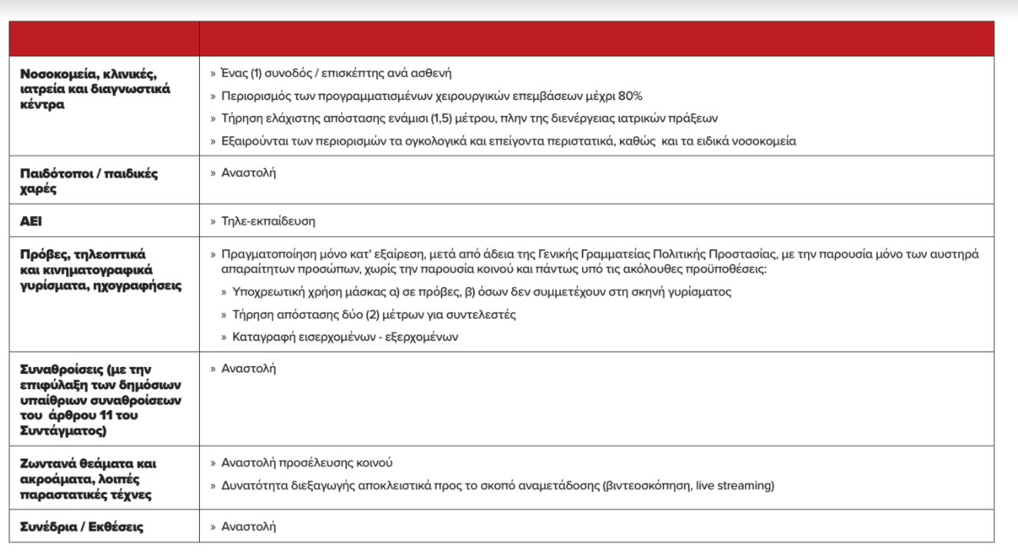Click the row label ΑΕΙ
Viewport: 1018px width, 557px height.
30,222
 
